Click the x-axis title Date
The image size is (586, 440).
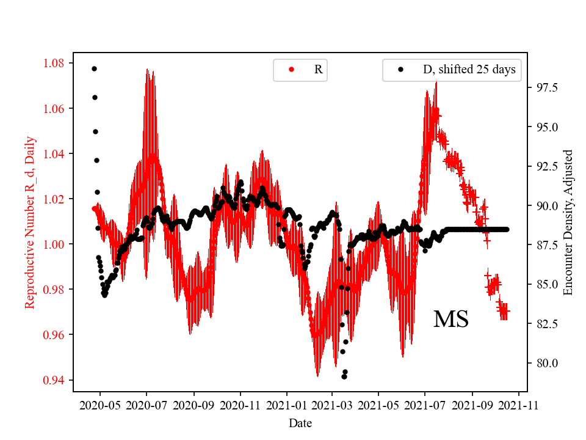tap(300, 422)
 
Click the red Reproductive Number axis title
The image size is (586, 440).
tap(30, 222)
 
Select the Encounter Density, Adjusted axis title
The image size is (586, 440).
tap(568, 222)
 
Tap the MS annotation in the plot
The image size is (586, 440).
tap(450, 320)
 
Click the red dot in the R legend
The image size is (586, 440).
tap(291, 70)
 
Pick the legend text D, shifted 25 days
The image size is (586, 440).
tap(469, 70)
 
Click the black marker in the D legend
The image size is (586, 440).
tap(400, 70)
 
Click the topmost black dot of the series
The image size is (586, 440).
tap(94, 68)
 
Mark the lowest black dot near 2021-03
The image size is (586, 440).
tap(344, 376)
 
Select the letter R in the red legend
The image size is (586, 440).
tap(318, 70)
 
